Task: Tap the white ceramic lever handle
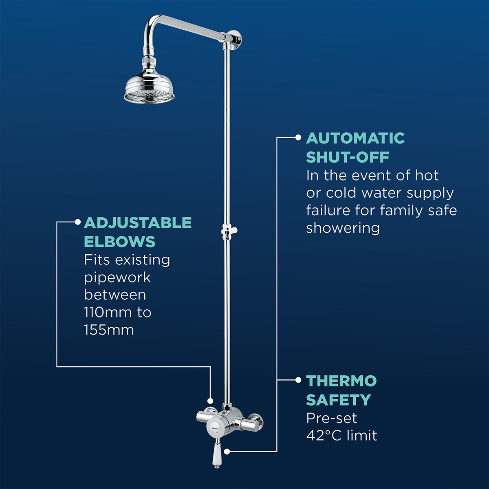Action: coord(217,455)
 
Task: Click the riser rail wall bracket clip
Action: coord(229,231)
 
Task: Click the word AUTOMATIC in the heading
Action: coord(355,138)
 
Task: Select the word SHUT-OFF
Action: coord(348,157)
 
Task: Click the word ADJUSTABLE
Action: coord(138,223)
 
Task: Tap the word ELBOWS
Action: coord(120,242)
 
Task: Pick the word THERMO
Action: coord(341,381)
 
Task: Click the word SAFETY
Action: coord(339,400)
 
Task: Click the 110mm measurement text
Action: coord(107,313)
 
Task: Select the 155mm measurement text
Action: coord(109,330)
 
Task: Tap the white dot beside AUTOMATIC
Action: coord(298,138)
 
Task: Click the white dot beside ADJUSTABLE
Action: coord(77,222)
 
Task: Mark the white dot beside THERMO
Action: coord(298,380)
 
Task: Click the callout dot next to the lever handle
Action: coord(227,452)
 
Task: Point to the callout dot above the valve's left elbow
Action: coord(210,401)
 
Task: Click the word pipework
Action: coord(117,278)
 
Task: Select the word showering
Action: coord(343,228)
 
